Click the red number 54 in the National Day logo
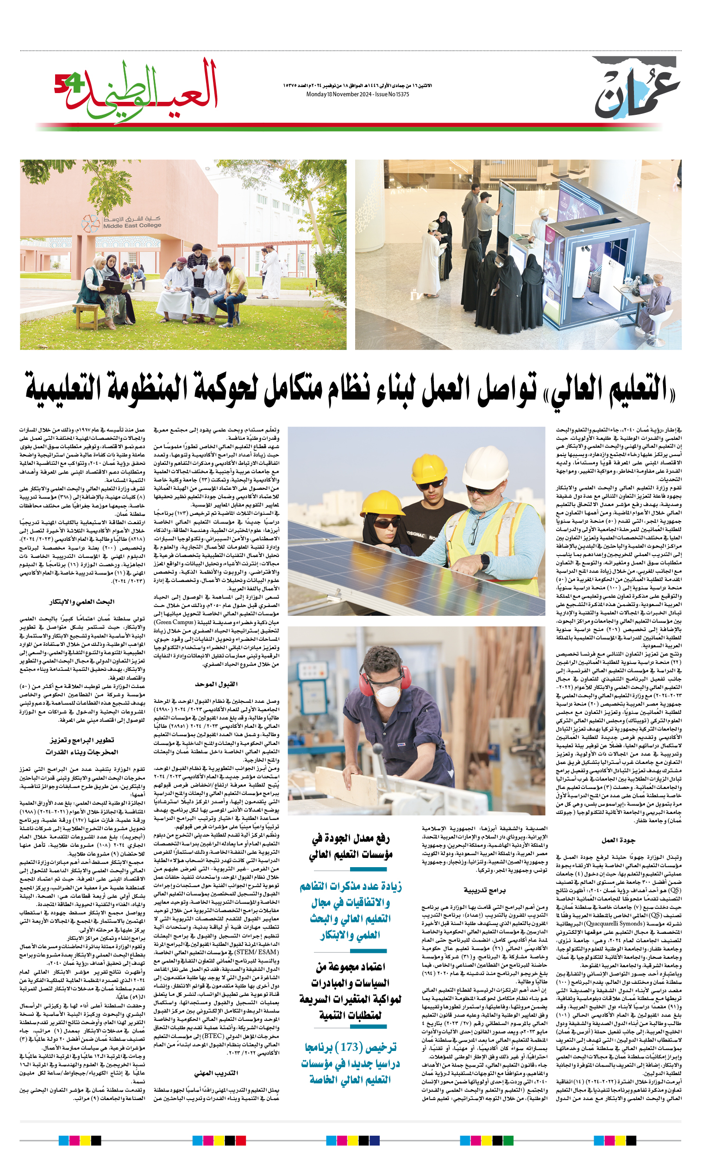(69, 84)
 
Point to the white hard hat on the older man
(485, 462)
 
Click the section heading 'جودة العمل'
(618, 840)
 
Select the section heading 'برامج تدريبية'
(484, 890)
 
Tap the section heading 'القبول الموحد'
(216, 684)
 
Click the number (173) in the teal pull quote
(349, 1047)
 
